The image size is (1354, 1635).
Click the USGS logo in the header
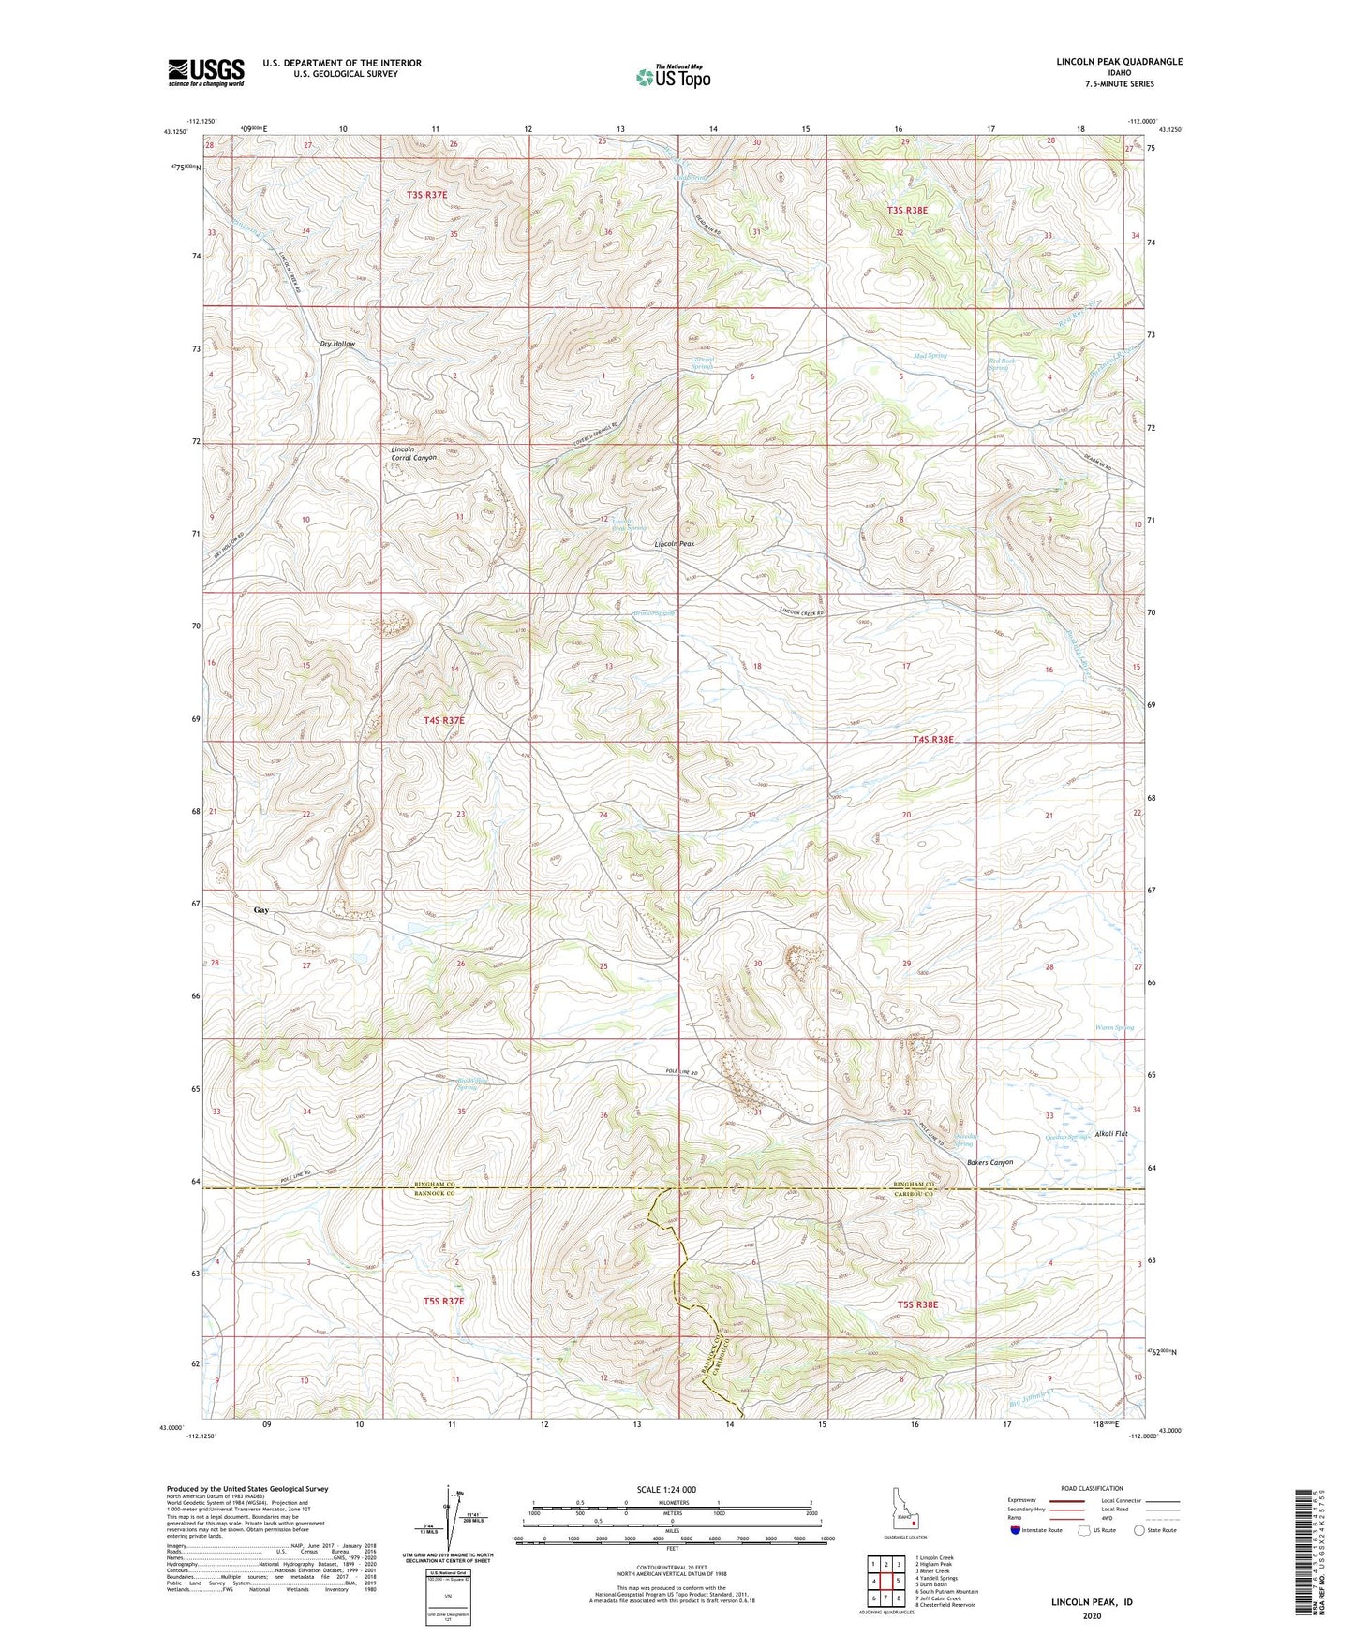pos(205,72)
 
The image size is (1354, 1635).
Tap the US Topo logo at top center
pos(673,77)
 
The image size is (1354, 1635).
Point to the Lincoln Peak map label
pos(674,544)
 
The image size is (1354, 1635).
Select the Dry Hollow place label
pos(337,344)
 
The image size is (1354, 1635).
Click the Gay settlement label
pos(261,909)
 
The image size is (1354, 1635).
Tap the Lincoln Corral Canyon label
pos(413,453)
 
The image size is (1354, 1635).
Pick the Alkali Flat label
pos(1111,1134)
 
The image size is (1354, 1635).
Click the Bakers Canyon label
pos(989,1162)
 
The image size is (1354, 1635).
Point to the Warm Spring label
pos(1114,1027)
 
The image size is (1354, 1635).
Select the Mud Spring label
pos(930,356)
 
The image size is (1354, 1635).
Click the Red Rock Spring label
pos(999,364)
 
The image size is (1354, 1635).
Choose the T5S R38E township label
pos(917,1304)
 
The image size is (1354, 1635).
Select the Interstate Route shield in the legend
pos(1016,1531)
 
